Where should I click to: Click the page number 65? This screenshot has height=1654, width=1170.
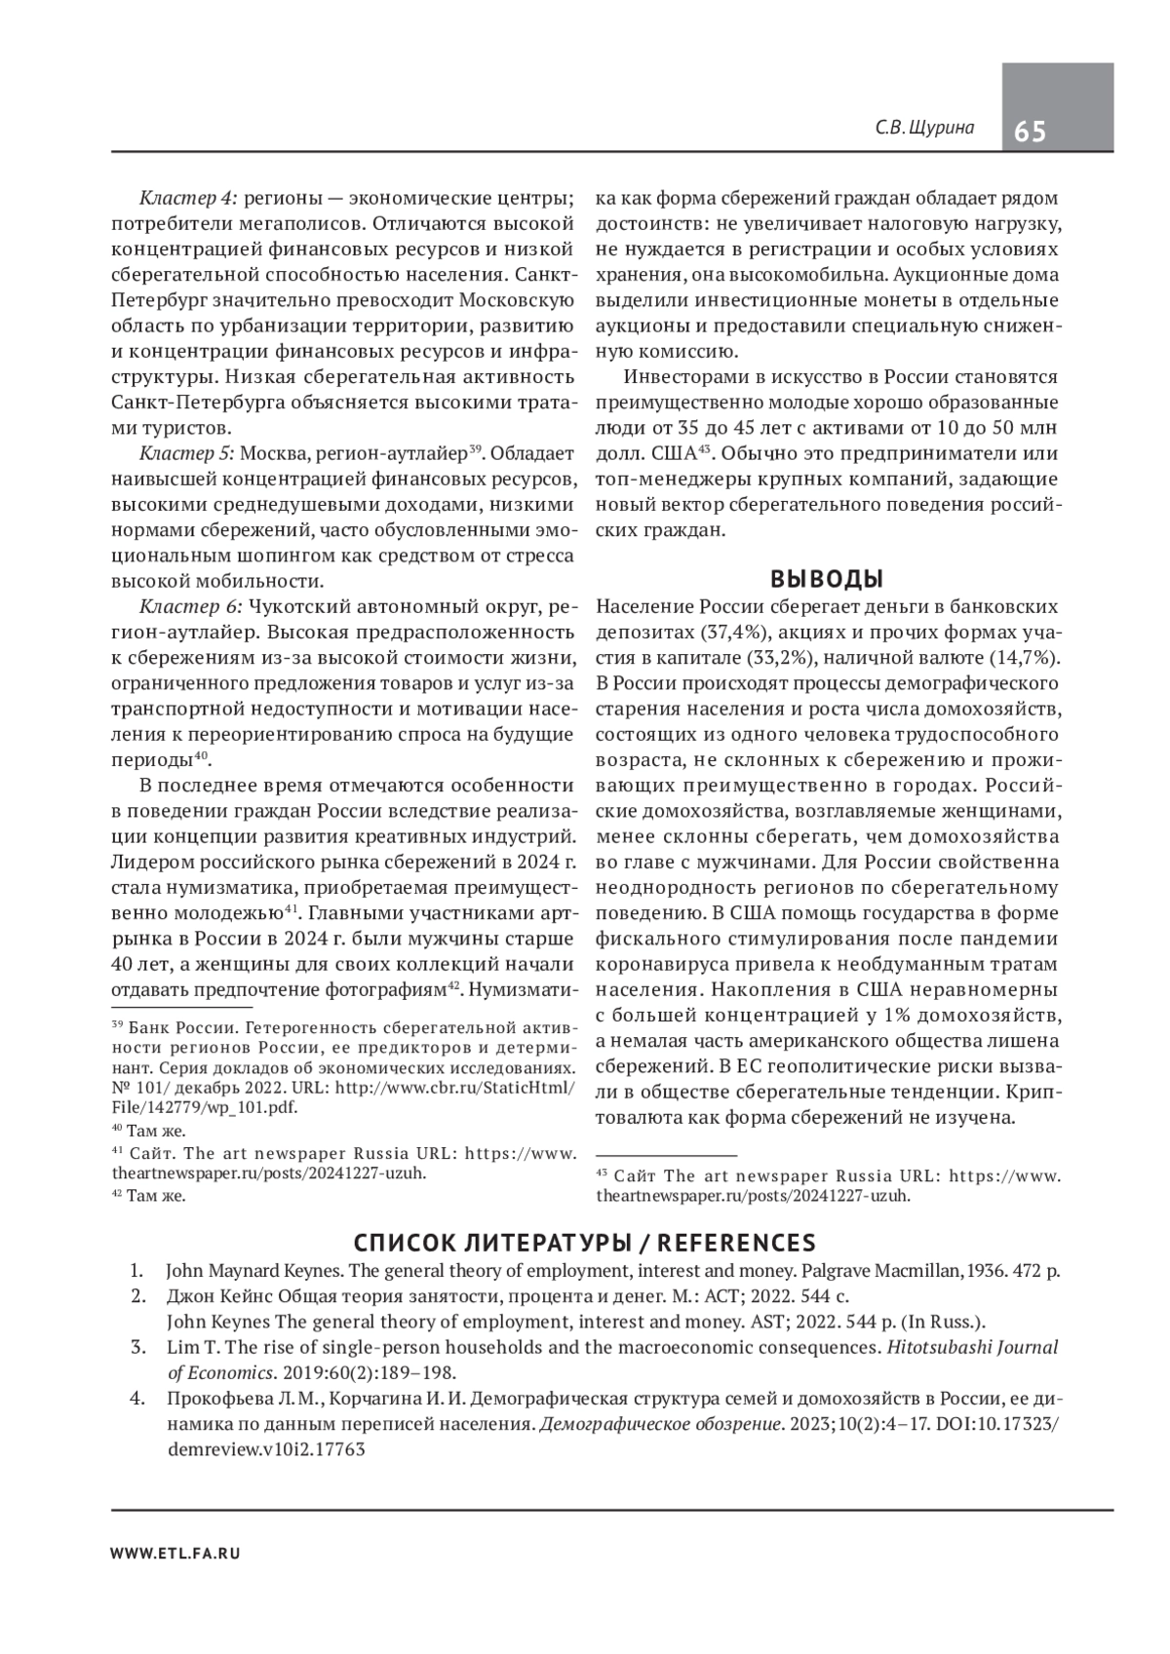pos(1031,131)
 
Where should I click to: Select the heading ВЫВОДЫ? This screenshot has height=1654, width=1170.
pos(827,579)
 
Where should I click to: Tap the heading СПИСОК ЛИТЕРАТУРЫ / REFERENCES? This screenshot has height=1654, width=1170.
pos(584,1243)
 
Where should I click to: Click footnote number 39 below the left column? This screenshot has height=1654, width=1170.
pos(117,1024)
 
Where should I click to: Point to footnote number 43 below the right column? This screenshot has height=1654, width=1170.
pos(602,1173)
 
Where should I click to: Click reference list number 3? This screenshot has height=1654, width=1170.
pos(138,1348)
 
